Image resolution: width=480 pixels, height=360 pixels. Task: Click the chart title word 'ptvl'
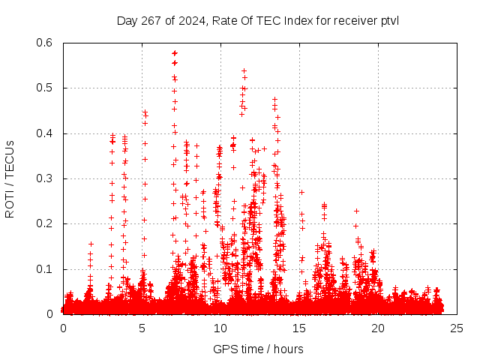tap(388, 20)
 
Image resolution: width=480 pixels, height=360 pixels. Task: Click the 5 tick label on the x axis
tap(142, 328)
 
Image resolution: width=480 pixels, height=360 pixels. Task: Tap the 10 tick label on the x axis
tap(220, 328)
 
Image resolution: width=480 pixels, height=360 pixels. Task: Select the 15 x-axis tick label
tap(299, 328)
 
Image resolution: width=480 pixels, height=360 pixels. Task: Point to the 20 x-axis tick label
tap(378, 328)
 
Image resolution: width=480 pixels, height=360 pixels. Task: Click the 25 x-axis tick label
tap(457, 328)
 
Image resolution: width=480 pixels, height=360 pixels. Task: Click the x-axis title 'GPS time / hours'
tap(258, 349)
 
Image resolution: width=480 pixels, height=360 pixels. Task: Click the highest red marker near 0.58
tap(175, 53)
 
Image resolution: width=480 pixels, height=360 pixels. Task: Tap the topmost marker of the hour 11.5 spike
tap(244, 70)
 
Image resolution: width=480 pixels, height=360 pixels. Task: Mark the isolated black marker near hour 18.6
tap(356, 211)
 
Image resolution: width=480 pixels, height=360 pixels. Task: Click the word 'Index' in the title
tap(293, 20)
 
